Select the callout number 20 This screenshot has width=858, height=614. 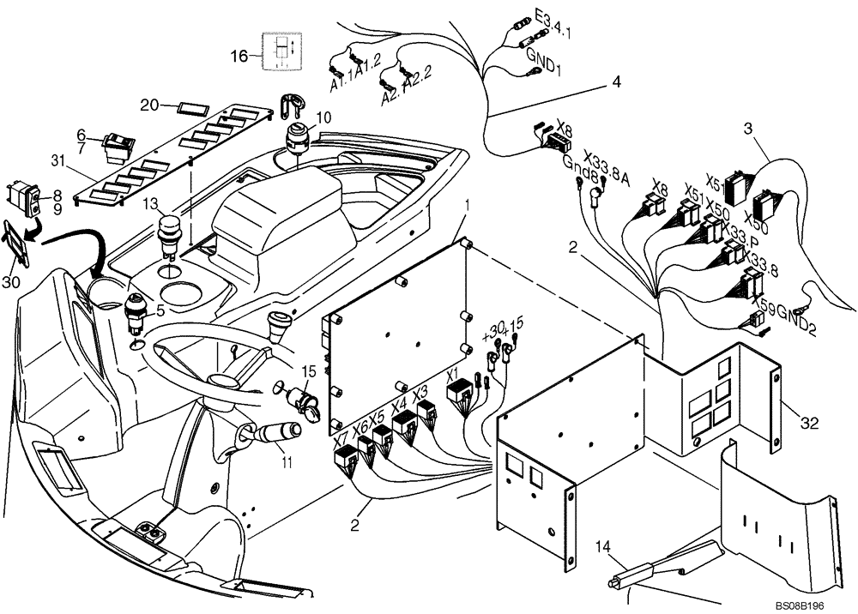pyautogui.click(x=149, y=105)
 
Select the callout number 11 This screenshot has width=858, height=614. pyautogui.click(x=287, y=464)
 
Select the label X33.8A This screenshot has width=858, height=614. pyautogui.click(x=607, y=169)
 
